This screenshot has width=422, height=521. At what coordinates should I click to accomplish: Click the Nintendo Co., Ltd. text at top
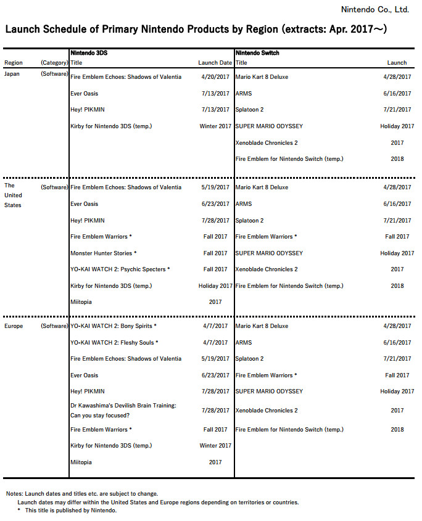374,10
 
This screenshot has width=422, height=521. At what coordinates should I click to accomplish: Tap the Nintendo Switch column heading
258,53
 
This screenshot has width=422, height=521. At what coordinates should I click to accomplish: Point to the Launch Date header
215,63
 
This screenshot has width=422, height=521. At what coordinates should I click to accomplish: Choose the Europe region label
14,326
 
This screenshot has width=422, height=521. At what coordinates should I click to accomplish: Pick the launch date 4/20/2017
215,77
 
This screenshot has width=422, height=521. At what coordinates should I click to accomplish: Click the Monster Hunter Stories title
104,253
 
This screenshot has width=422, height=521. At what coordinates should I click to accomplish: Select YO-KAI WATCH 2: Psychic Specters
120,269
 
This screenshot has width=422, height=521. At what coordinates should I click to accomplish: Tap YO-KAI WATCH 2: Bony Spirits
114,326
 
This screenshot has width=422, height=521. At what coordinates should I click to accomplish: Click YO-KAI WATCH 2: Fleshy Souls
114,343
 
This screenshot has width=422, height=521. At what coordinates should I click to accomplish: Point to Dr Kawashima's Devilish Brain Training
123,405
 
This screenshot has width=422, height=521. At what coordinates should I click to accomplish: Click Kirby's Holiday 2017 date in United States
215,286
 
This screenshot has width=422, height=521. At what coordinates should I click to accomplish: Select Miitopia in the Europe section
84,462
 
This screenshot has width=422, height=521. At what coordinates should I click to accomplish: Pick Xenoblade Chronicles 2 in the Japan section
267,142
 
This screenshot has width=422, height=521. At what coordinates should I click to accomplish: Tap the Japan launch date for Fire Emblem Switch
397,159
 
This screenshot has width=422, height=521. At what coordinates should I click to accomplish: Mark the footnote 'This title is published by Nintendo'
71,511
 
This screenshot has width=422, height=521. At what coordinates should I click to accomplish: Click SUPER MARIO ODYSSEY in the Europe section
269,392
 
